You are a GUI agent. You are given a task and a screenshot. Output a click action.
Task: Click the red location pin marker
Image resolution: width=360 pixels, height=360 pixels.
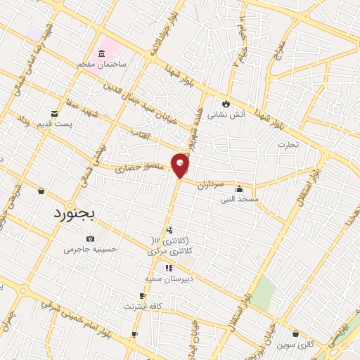tap(181, 165)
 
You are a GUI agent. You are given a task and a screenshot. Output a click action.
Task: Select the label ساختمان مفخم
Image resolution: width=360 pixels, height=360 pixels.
tap(102, 64)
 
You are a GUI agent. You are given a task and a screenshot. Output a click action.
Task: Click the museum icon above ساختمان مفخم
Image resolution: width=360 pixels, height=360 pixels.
tap(102, 54)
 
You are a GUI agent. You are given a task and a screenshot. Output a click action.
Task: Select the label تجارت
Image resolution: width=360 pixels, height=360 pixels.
tap(288, 145)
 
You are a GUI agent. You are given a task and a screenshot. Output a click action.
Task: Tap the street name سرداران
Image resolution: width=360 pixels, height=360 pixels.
tap(229, 182)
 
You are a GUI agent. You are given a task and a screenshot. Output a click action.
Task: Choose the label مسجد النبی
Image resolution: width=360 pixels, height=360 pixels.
tap(240, 199)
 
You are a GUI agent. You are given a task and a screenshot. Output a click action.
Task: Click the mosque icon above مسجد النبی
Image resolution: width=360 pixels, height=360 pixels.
tap(240, 189)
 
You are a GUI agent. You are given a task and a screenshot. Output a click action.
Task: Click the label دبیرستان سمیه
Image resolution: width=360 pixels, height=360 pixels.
tap(168, 278)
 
